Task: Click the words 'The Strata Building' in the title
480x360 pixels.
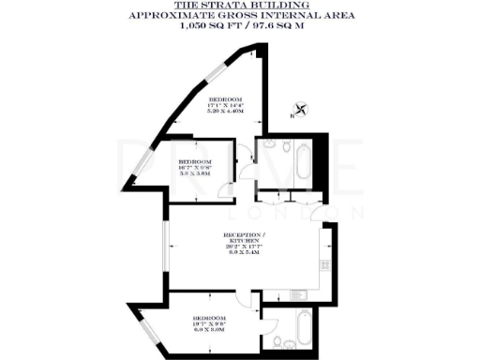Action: coord(239,5)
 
